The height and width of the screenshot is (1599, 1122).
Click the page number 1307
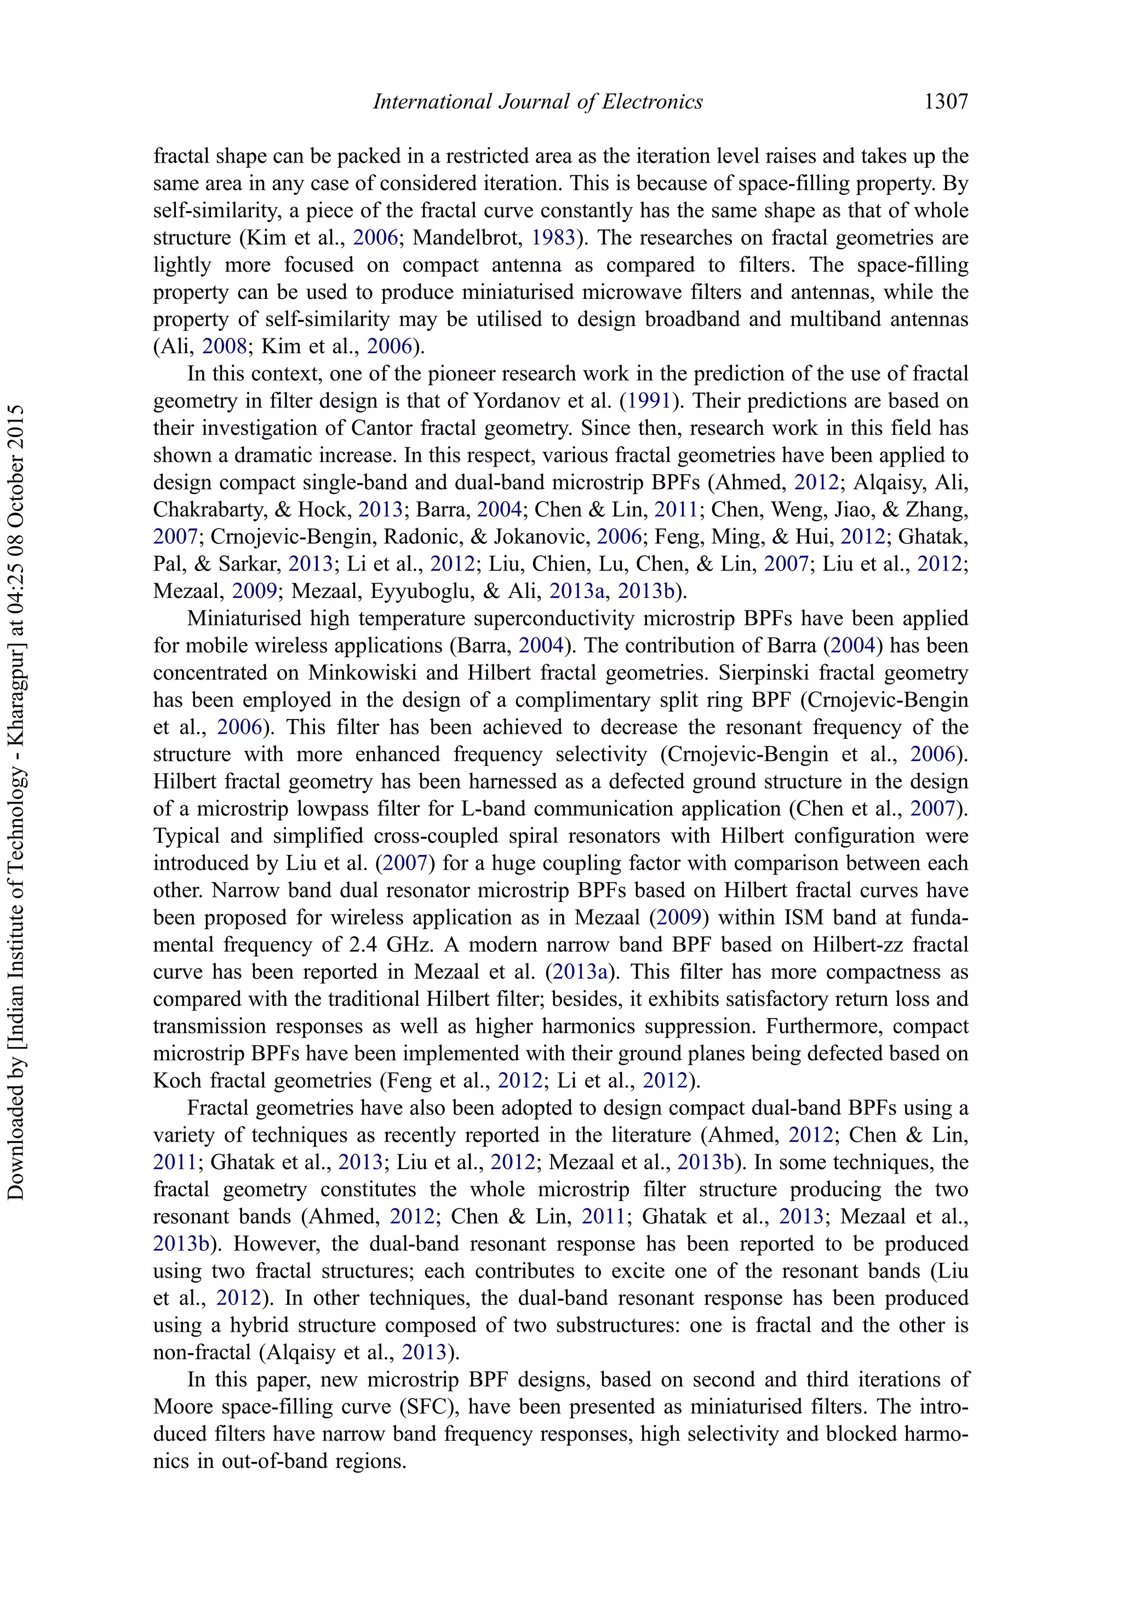coord(946,102)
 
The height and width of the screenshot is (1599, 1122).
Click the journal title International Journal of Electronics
coord(537,102)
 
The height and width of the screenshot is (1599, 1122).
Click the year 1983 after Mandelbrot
coord(553,238)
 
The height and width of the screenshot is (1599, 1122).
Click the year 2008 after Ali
coord(225,346)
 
